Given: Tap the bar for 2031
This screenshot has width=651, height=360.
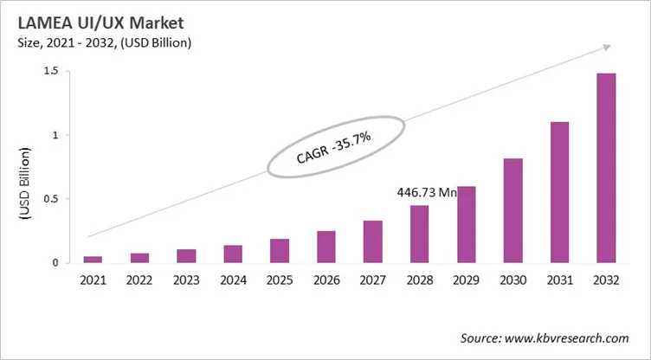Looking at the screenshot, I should click(559, 191).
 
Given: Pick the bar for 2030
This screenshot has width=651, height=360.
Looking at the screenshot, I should click(512, 209).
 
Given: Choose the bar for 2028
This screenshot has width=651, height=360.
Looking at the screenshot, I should click(419, 234).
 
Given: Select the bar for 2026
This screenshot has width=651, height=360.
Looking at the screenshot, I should click(325, 246).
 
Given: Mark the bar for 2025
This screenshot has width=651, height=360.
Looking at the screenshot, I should click(279, 250).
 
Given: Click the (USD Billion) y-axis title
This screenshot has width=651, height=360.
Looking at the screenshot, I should click(23, 186).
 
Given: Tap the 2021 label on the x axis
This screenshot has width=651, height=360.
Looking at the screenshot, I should click(93, 280).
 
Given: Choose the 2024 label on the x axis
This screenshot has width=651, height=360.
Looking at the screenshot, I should click(232, 280).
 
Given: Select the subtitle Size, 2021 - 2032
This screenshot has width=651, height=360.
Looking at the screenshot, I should click(74, 42).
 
